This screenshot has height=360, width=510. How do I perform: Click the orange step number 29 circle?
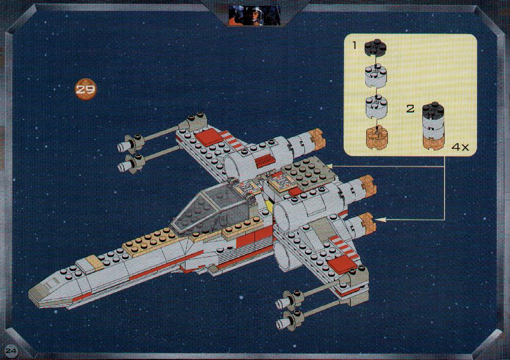pos(86,89)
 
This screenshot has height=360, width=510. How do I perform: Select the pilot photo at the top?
pos(254,15)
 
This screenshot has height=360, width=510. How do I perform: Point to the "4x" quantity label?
pos(460,147)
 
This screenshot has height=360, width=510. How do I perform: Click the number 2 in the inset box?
pos(411,109)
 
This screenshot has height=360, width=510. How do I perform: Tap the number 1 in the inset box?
pos(354,45)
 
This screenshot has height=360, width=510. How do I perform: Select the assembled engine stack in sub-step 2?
pos(433,126)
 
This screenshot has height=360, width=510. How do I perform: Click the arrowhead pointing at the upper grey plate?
pos(330,166)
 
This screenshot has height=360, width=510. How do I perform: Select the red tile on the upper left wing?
pos(209,136)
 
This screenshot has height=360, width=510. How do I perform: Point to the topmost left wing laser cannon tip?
pos(122,147)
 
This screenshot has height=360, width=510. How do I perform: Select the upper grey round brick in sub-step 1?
pos(376,76)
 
